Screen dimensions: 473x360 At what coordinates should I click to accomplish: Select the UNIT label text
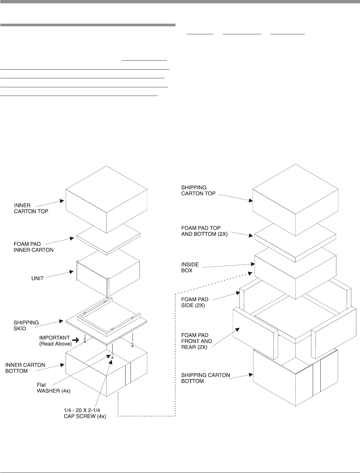click(38, 278)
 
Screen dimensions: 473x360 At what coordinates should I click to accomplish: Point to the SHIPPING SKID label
click(26, 325)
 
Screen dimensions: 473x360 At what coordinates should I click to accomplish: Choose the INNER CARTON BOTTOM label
click(25, 368)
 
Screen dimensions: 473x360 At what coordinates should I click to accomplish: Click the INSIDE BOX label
click(190, 267)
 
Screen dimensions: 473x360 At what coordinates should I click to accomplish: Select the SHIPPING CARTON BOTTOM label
click(205, 378)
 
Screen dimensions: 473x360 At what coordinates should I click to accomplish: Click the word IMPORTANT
click(54, 338)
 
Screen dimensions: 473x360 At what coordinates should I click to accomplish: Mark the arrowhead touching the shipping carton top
click(250, 201)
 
